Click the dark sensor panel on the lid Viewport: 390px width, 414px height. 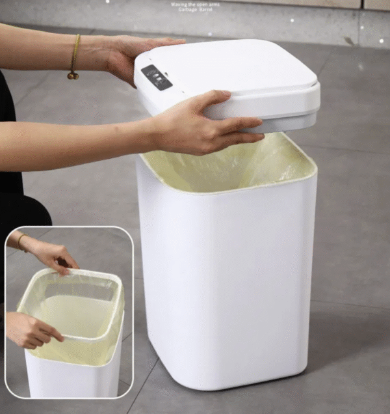tap(156, 77)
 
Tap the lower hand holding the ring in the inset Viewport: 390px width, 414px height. tap(32, 330)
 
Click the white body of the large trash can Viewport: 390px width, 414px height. tap(227, 273)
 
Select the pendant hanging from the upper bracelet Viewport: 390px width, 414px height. tap(71, 76)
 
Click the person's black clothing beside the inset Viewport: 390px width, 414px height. tap(19, 208)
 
